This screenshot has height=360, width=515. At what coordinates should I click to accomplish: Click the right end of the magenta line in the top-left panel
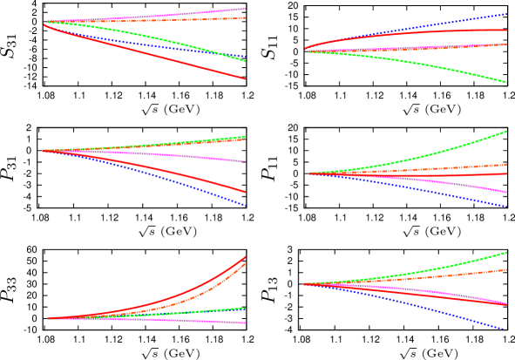tap(245, 9)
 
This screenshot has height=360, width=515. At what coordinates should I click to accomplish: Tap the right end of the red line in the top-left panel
tap(245, 78)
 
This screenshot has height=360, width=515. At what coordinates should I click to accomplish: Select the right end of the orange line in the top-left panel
tap(245, 17)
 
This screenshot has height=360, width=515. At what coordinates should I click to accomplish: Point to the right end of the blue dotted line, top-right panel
tap(506, 13)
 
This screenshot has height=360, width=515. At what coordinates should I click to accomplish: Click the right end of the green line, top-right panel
tap(506, 82)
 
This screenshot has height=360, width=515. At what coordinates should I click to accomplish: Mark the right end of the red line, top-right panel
tap(506, 30)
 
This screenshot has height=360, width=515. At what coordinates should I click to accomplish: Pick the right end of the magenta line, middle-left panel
tap(245, 161)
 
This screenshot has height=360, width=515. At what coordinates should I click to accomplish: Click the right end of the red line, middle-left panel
tap(245, 192)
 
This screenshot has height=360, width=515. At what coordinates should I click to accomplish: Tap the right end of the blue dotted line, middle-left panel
tap(245, 206)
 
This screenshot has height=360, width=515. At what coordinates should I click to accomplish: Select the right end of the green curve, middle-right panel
tap(506, 132)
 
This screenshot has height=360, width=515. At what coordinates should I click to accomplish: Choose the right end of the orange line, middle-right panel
tap(506, 164)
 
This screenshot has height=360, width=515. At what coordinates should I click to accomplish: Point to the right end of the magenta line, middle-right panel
tap(506, 192)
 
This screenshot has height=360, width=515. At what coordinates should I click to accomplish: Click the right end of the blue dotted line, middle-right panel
tap(506, 207)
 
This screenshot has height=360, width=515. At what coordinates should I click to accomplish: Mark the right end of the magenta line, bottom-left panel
tap(245, 323)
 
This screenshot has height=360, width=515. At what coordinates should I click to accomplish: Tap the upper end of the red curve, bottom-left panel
tap(245, 257)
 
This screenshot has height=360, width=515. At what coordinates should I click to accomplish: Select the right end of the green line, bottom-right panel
tap(506, 253)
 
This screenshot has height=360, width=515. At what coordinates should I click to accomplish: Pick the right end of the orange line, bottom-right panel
tap(506, 269)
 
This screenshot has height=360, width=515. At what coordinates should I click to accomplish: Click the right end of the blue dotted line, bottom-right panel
tap(504, 329)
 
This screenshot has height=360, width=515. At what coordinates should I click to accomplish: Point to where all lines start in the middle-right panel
tap(309, 173)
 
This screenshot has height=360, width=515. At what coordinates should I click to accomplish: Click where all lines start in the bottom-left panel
tap(48, 318)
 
